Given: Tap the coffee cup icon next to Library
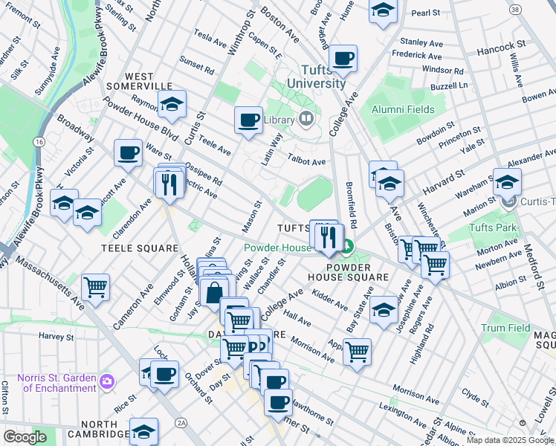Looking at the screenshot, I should (x=249, y=119).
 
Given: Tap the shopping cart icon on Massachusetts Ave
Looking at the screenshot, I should (x=95, y=286).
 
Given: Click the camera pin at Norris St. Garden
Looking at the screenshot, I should (x=108, y=381).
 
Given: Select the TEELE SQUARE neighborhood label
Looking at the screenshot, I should (x=141, y=248).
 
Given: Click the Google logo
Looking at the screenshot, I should (x=24, y=437).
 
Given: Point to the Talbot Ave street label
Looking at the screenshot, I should (x=307, y=161).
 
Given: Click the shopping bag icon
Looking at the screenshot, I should (x=214, y=291).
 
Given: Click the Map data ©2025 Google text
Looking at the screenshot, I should (x=511, y=440).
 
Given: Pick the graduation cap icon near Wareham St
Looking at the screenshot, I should (x=507, y=181).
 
